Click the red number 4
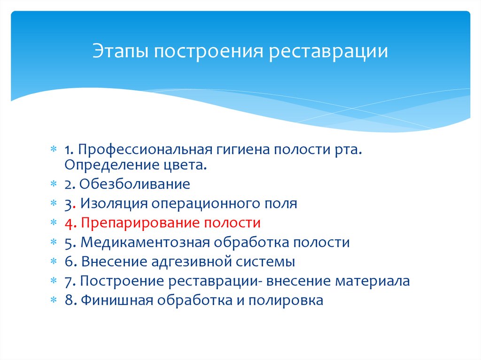69,222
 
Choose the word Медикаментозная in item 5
145,242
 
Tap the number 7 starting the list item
68,281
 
